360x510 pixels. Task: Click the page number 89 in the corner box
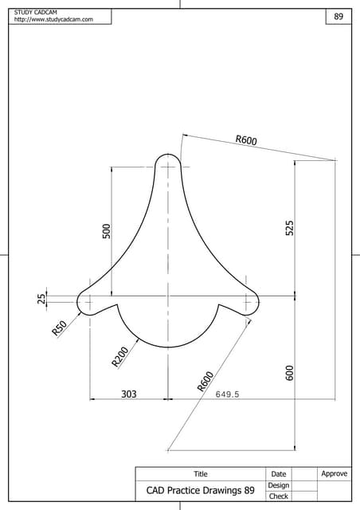point(338,17)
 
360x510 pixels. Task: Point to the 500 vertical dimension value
point(106,230)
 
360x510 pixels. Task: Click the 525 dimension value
point(290,227)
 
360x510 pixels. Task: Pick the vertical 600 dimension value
point(290,372)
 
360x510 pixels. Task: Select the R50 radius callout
point(59,328)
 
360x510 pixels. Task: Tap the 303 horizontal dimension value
point(128,394)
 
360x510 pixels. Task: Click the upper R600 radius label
point(245,141)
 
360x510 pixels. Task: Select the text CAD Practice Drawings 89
point(200,490)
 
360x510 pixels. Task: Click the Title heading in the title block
point(201,474)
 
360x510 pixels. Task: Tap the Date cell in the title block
point(279,474)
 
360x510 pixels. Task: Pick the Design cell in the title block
point(279,485)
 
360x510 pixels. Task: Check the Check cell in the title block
point(279,496)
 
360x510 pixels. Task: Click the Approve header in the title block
point(335,474)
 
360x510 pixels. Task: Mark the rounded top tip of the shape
point(168,155)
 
